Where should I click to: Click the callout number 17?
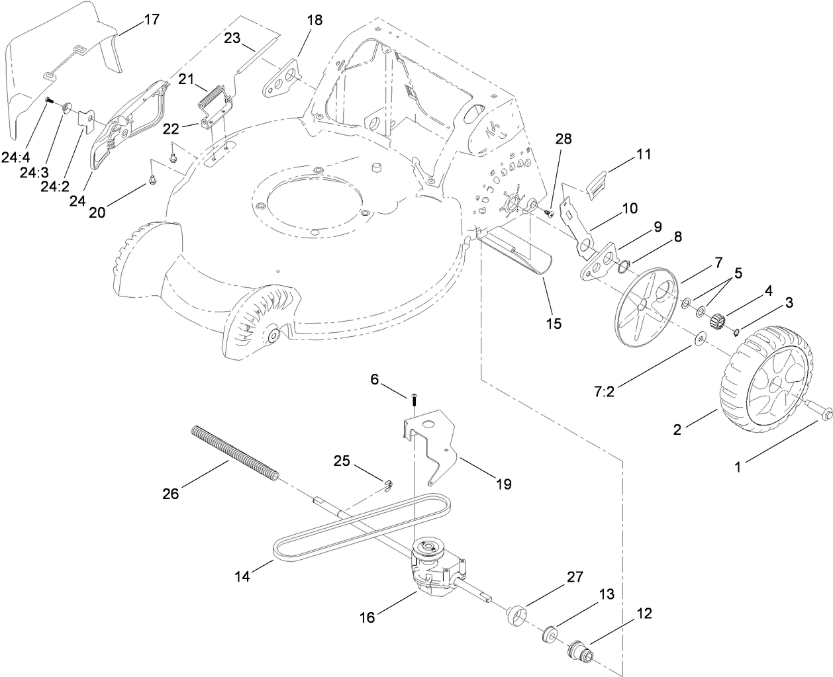click(152, 19)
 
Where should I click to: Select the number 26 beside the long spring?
click(171, 494)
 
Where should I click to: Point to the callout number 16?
click(367, 617)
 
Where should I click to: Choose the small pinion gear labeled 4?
click(718, 322)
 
